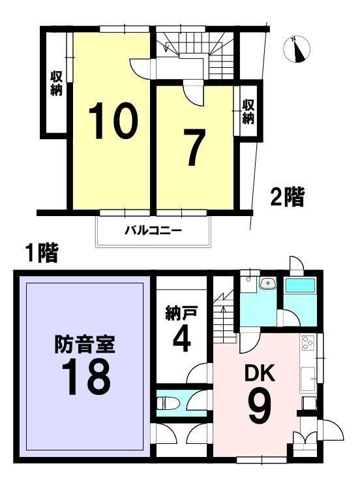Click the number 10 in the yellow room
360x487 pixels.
coord(113,120)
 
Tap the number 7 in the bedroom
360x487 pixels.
coord(194,148)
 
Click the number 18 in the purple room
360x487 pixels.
coord(86,377)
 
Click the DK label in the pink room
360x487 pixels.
coord(260,373)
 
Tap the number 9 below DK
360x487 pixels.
coord(260,406)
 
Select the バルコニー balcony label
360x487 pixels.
coord(153,230)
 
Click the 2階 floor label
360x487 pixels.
coord(287,197)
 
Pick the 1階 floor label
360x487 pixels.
coord(42,253)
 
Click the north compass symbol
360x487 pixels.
coord(297,50)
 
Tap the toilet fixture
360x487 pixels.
coord(168,403)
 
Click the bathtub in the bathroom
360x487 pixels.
coord(300,285)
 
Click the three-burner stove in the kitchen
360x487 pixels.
coord(308,343)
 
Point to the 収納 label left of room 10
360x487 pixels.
coord(57,83)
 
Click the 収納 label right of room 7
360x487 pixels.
coord(248,111)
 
